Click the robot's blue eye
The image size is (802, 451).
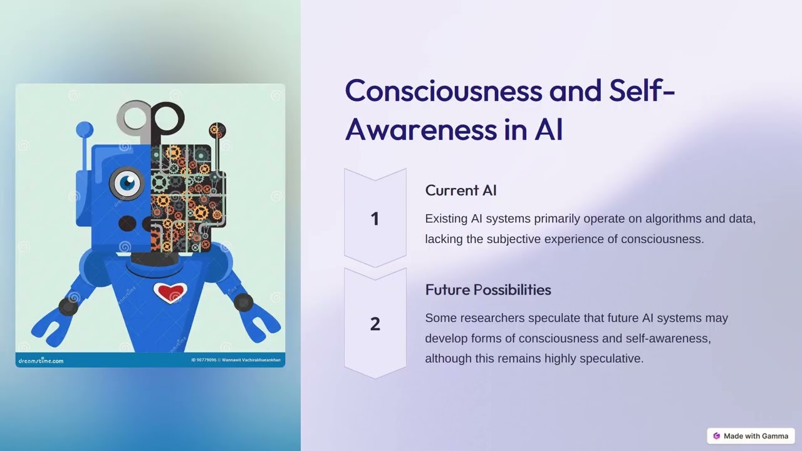[x=127, y=183]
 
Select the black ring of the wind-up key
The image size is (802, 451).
[x=167, y=117]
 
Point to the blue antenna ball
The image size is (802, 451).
[x=84, y=130]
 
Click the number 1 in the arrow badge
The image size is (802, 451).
[x=375, y=219]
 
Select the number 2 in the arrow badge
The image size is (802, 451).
[x=375, y=324]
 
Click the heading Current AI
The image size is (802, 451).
[x=461, y=190]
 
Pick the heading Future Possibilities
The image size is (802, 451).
[x=488, y=290]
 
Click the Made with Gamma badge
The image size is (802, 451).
[x=751, y=436]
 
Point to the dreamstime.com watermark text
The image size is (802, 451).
[x=41, y=361]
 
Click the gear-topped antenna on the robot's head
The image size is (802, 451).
[x=217, y=131]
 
